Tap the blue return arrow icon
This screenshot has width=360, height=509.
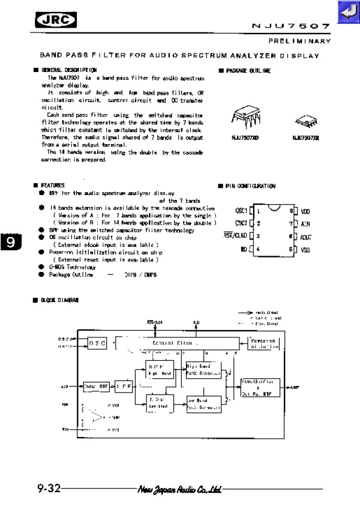coord(347,11)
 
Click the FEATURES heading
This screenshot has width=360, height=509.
coord(52,186)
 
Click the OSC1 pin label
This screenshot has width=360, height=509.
coord(242,211)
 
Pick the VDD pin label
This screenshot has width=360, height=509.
coord(305,211)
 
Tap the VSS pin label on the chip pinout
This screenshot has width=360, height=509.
coord(305,249)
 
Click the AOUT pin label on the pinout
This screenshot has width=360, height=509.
coord(305,236)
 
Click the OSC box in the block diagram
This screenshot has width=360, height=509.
coord(98,343)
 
